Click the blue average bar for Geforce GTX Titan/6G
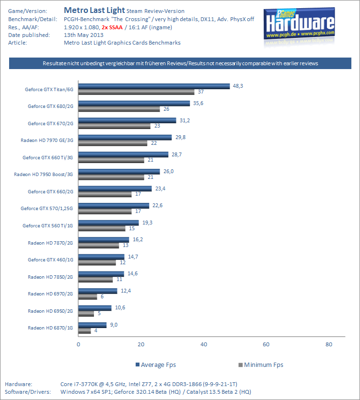click(153, 86)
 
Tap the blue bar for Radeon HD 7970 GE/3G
click(125, 137)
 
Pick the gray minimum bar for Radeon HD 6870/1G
click(84, 330)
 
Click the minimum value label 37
click(201, 92)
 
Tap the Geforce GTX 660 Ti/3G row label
click(48, 157)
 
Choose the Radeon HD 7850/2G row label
click(50, 277)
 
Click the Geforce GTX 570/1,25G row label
click(47, 209)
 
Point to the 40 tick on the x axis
click(203, 344)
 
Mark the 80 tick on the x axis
click(329, 344)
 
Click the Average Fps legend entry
click(156, 365)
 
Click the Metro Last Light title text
click(94, 10)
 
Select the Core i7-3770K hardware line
click(149, 384)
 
